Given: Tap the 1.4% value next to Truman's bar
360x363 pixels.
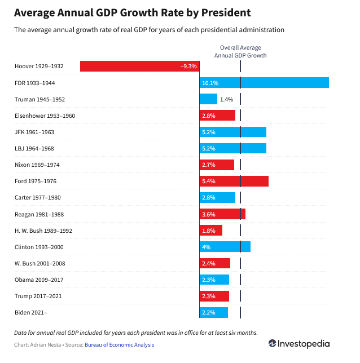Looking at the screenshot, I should coord(226,99).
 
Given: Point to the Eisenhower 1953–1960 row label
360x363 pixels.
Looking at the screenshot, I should coord(45,116).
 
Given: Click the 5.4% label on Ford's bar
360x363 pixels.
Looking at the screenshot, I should coord(209,181).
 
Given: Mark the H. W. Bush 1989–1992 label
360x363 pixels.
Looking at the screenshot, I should coord(43,231).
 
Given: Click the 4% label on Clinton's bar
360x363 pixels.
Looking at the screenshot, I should coord(206,247).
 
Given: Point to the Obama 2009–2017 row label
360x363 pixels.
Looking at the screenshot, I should coord(39,280).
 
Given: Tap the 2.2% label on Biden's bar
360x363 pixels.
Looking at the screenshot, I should coord(209,312).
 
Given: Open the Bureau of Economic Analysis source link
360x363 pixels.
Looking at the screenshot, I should coord(119,345).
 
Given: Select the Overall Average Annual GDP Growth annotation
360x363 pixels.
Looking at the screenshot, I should coord(240,52).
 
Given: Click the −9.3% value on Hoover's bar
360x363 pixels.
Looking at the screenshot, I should coord(188,67).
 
